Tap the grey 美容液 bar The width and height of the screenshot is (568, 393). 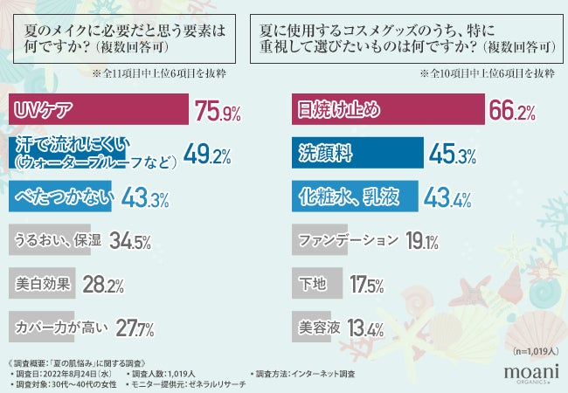(x=310, y=327)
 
